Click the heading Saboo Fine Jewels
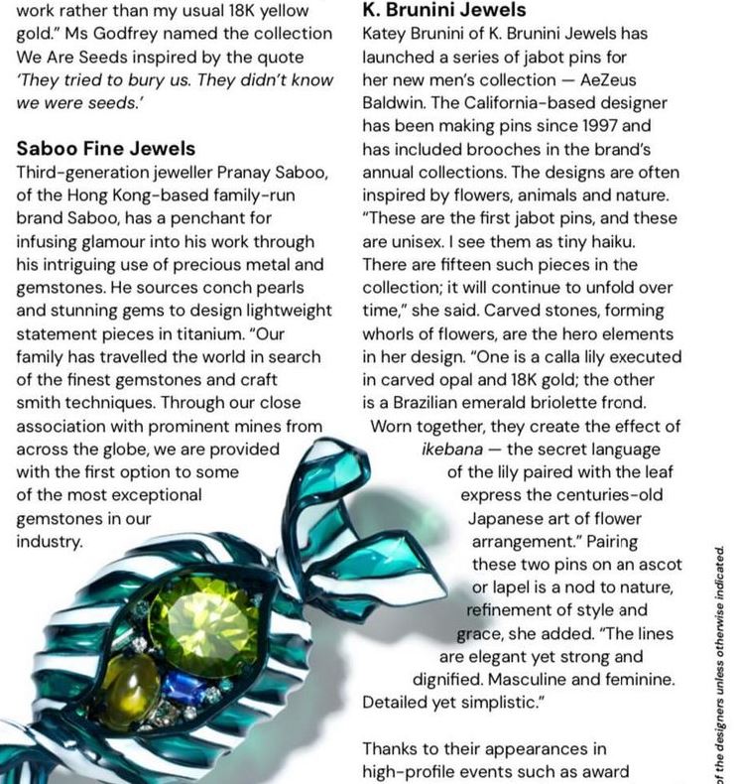[x=106, y=148]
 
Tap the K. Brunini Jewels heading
[x=444, y=10]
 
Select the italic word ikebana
[x=452, y=449]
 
